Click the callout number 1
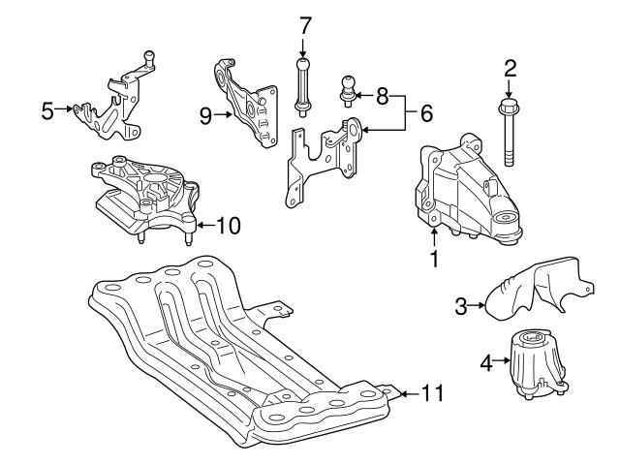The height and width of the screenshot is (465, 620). tap(435, 259)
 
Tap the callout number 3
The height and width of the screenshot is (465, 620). tap(460, 307)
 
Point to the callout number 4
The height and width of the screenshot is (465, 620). tap(487, 363)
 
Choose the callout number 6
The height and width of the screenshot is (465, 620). tap(425, 114)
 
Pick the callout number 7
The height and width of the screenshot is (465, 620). tap(305, 24)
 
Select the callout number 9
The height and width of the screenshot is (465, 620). tap(205, 117)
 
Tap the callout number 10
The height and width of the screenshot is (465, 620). tap(228, 226)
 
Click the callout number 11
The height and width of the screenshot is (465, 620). tap(432, 393)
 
